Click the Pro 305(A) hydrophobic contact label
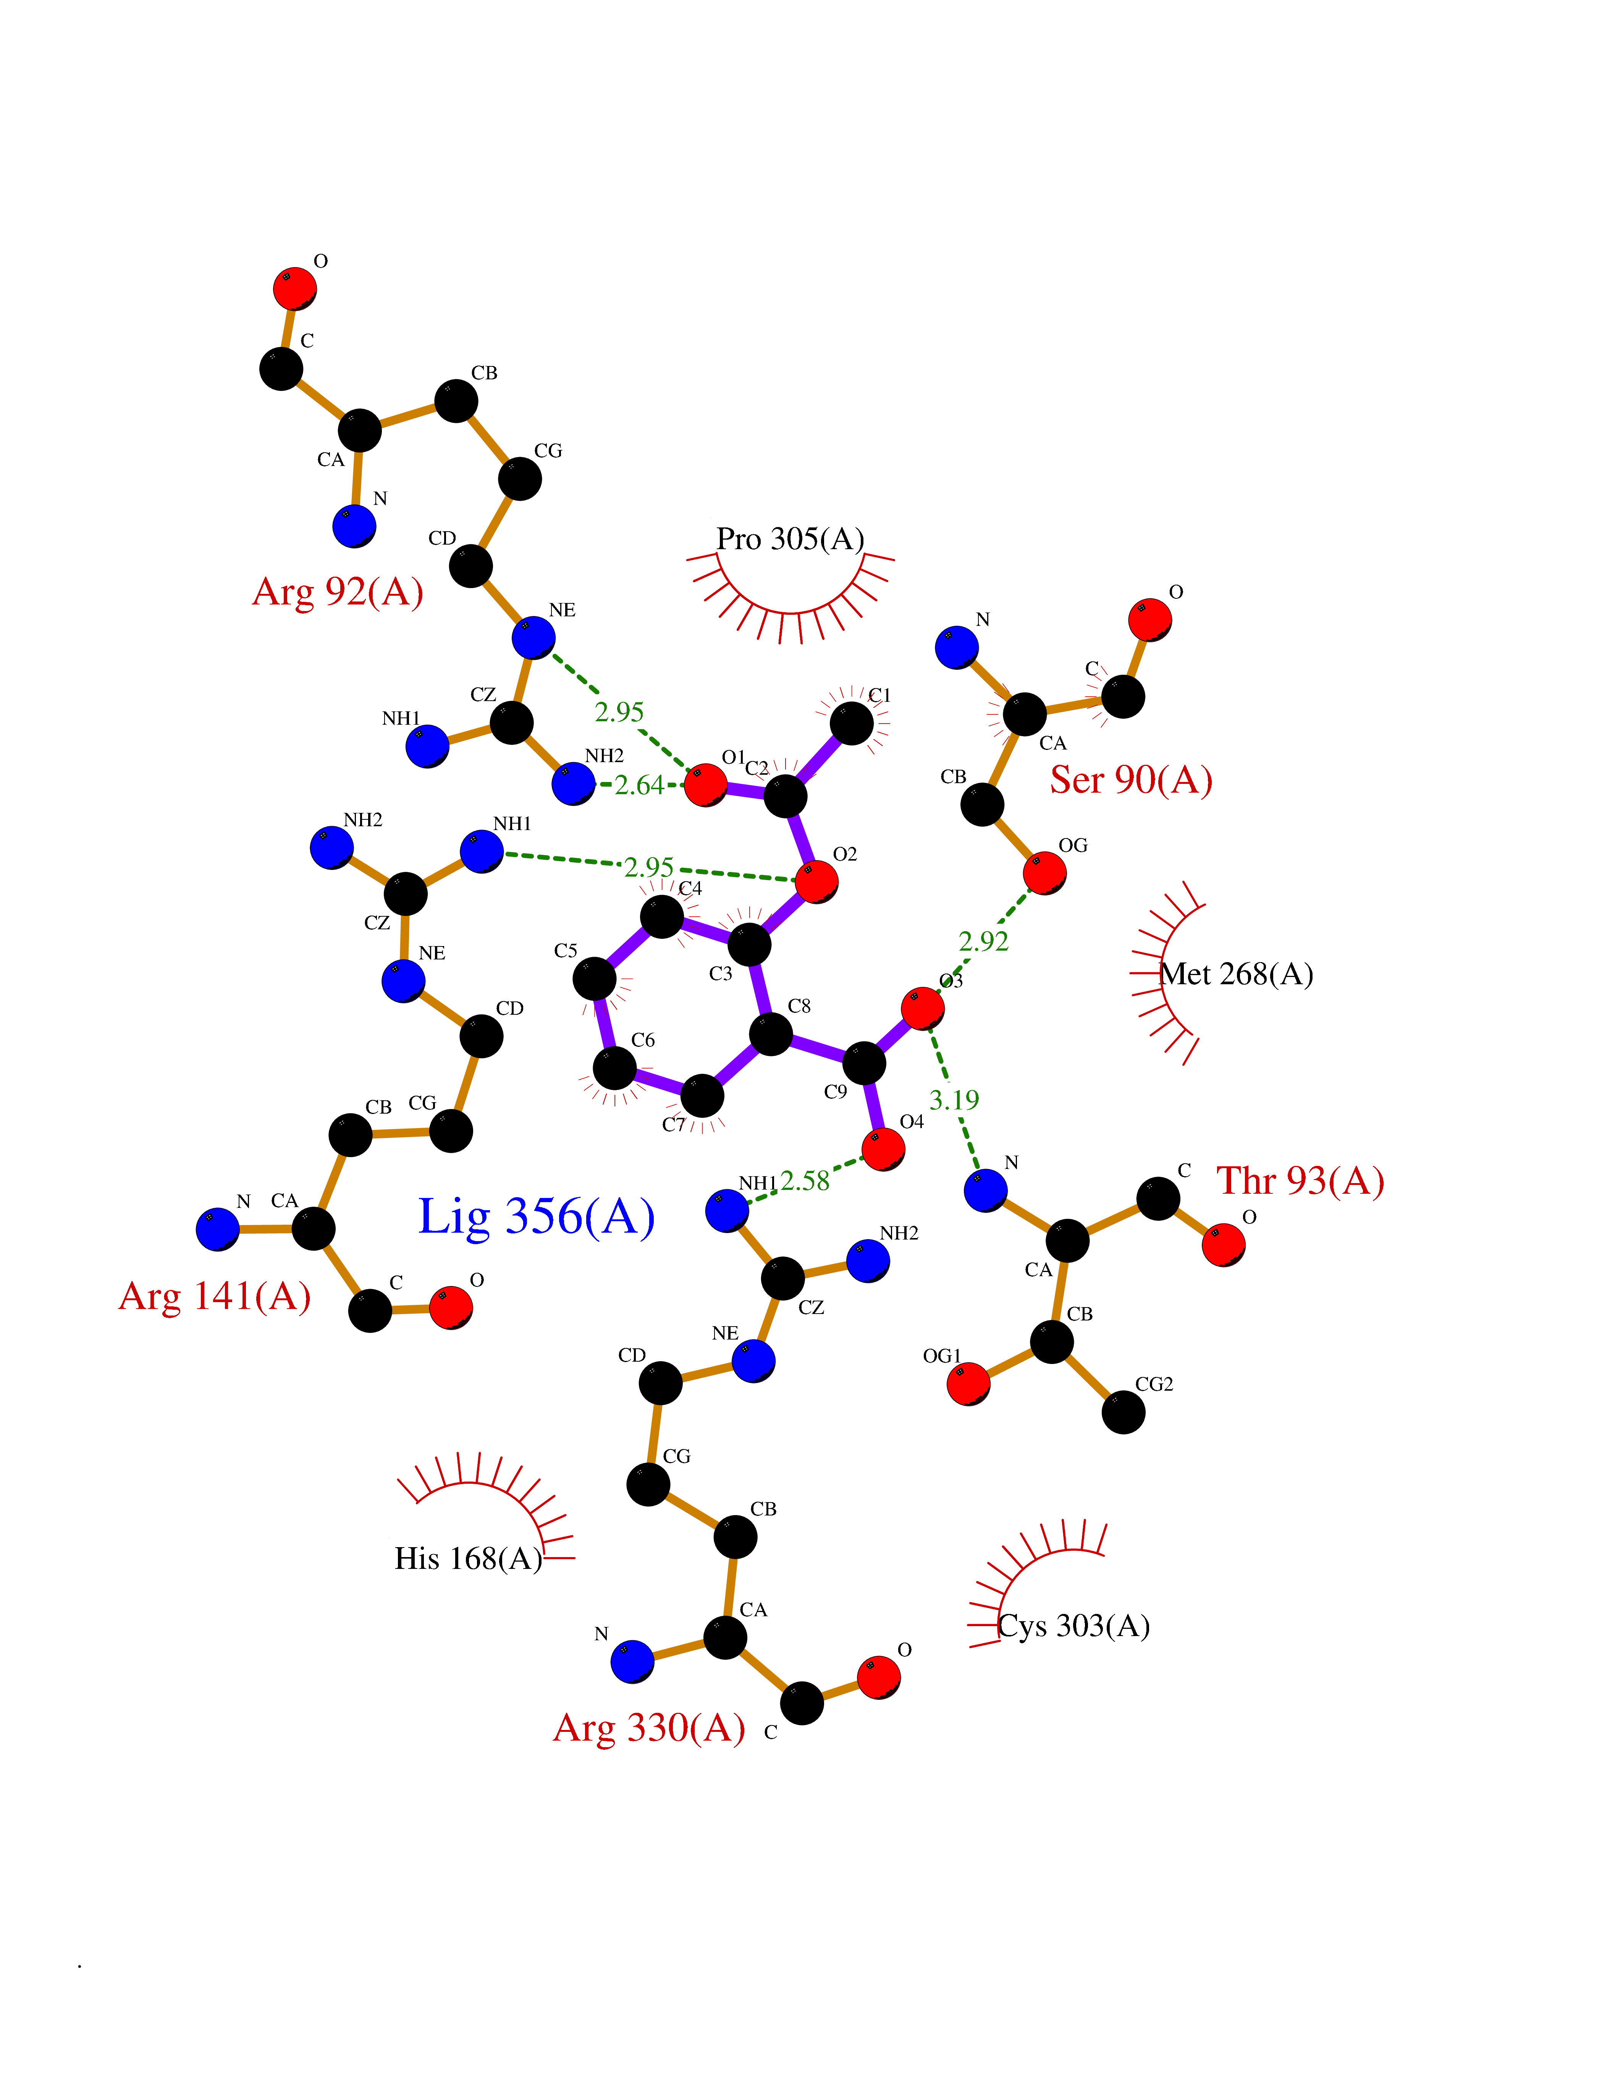pyautogui.click(x=790, y=539)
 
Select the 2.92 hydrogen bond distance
pyautogui.click(x=984, y=942)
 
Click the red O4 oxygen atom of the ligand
pyautogui.click(x=883, y=1149)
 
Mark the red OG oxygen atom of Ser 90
pyautogui.click(x=1044, y=873)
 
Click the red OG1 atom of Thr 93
pyautogui.click(x=968, y=1384)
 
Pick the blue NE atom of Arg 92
pyautogui.click(x=533, y=638)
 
